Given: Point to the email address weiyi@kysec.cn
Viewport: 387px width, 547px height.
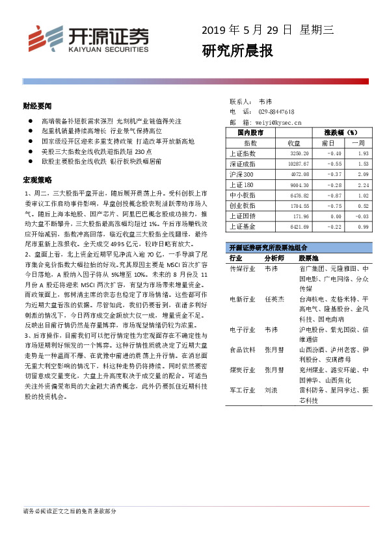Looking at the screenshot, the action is click(280, 121).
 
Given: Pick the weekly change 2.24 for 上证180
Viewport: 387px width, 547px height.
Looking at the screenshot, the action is click(362, 184).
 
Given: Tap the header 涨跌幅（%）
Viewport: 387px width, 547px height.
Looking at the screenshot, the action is click(341, 133).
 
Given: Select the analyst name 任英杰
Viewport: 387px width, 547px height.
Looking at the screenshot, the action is click(274, 299).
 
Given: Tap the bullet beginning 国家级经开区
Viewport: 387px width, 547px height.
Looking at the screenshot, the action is click(117, 141).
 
